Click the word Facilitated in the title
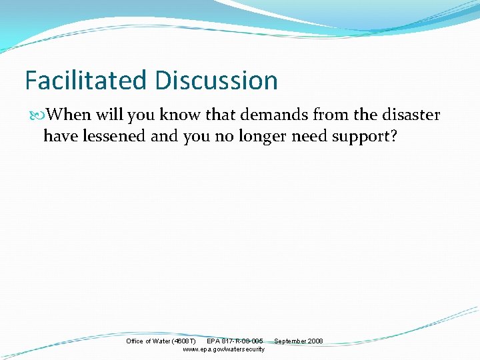[x=87, y=81]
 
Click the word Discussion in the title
[x=217, y=81]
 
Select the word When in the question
[x=69, y=115]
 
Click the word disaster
[x=409, y=115]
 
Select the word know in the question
[x=179, y=115]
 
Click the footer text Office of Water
[x=147, y=341]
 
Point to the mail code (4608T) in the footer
[x=183, y=341]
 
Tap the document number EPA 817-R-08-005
[x=235, y=341]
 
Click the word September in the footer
[x=290, y=341]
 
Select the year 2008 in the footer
[x=315, y=341]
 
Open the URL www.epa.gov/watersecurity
[x=223, y=349]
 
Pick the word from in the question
[x=331, y=115]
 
